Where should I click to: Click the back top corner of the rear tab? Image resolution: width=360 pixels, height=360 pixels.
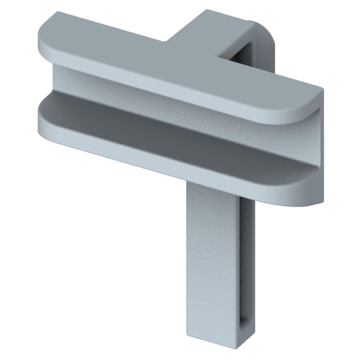[x=206, y=11]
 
